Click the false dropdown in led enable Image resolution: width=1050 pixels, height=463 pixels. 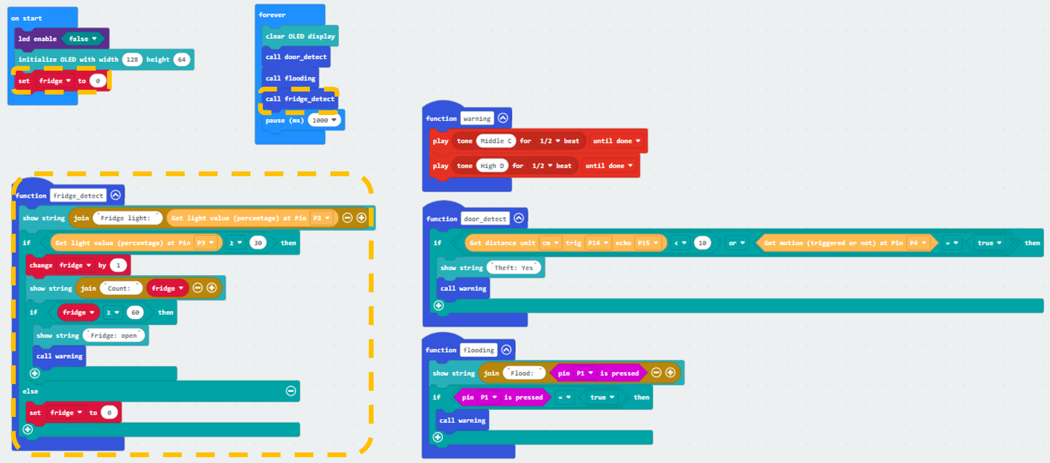click(82, 39)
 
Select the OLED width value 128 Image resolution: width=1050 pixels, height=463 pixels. click(132, 59)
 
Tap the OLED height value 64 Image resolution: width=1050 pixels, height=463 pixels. click(181, 59)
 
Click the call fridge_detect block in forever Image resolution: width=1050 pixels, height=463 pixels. click(300, 99)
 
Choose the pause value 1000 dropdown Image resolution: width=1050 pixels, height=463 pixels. click(324, 120)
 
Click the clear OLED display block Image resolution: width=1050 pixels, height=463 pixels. click(300, 36)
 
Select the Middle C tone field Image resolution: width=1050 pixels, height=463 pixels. click(496, 141)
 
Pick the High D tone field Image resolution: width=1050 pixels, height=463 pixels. click(492, 166)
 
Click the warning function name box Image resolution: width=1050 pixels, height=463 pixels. click(477, 118)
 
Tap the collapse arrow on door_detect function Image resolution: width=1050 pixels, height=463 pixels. click(519, 218)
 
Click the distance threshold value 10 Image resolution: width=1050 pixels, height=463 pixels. click(702, 243)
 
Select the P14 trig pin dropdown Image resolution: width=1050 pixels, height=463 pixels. click(597, 243)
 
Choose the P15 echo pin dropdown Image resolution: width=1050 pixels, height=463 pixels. click(648, 243)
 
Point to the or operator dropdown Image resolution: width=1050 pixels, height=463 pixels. click(736, 243)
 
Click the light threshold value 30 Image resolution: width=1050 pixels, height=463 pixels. click(258, 243)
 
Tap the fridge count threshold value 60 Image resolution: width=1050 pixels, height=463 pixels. click(135, 312)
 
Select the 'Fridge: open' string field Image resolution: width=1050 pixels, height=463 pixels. click(114, 336)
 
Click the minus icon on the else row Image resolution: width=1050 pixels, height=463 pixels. click(291, 391)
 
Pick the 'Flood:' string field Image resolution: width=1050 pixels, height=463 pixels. click(524, 373)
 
